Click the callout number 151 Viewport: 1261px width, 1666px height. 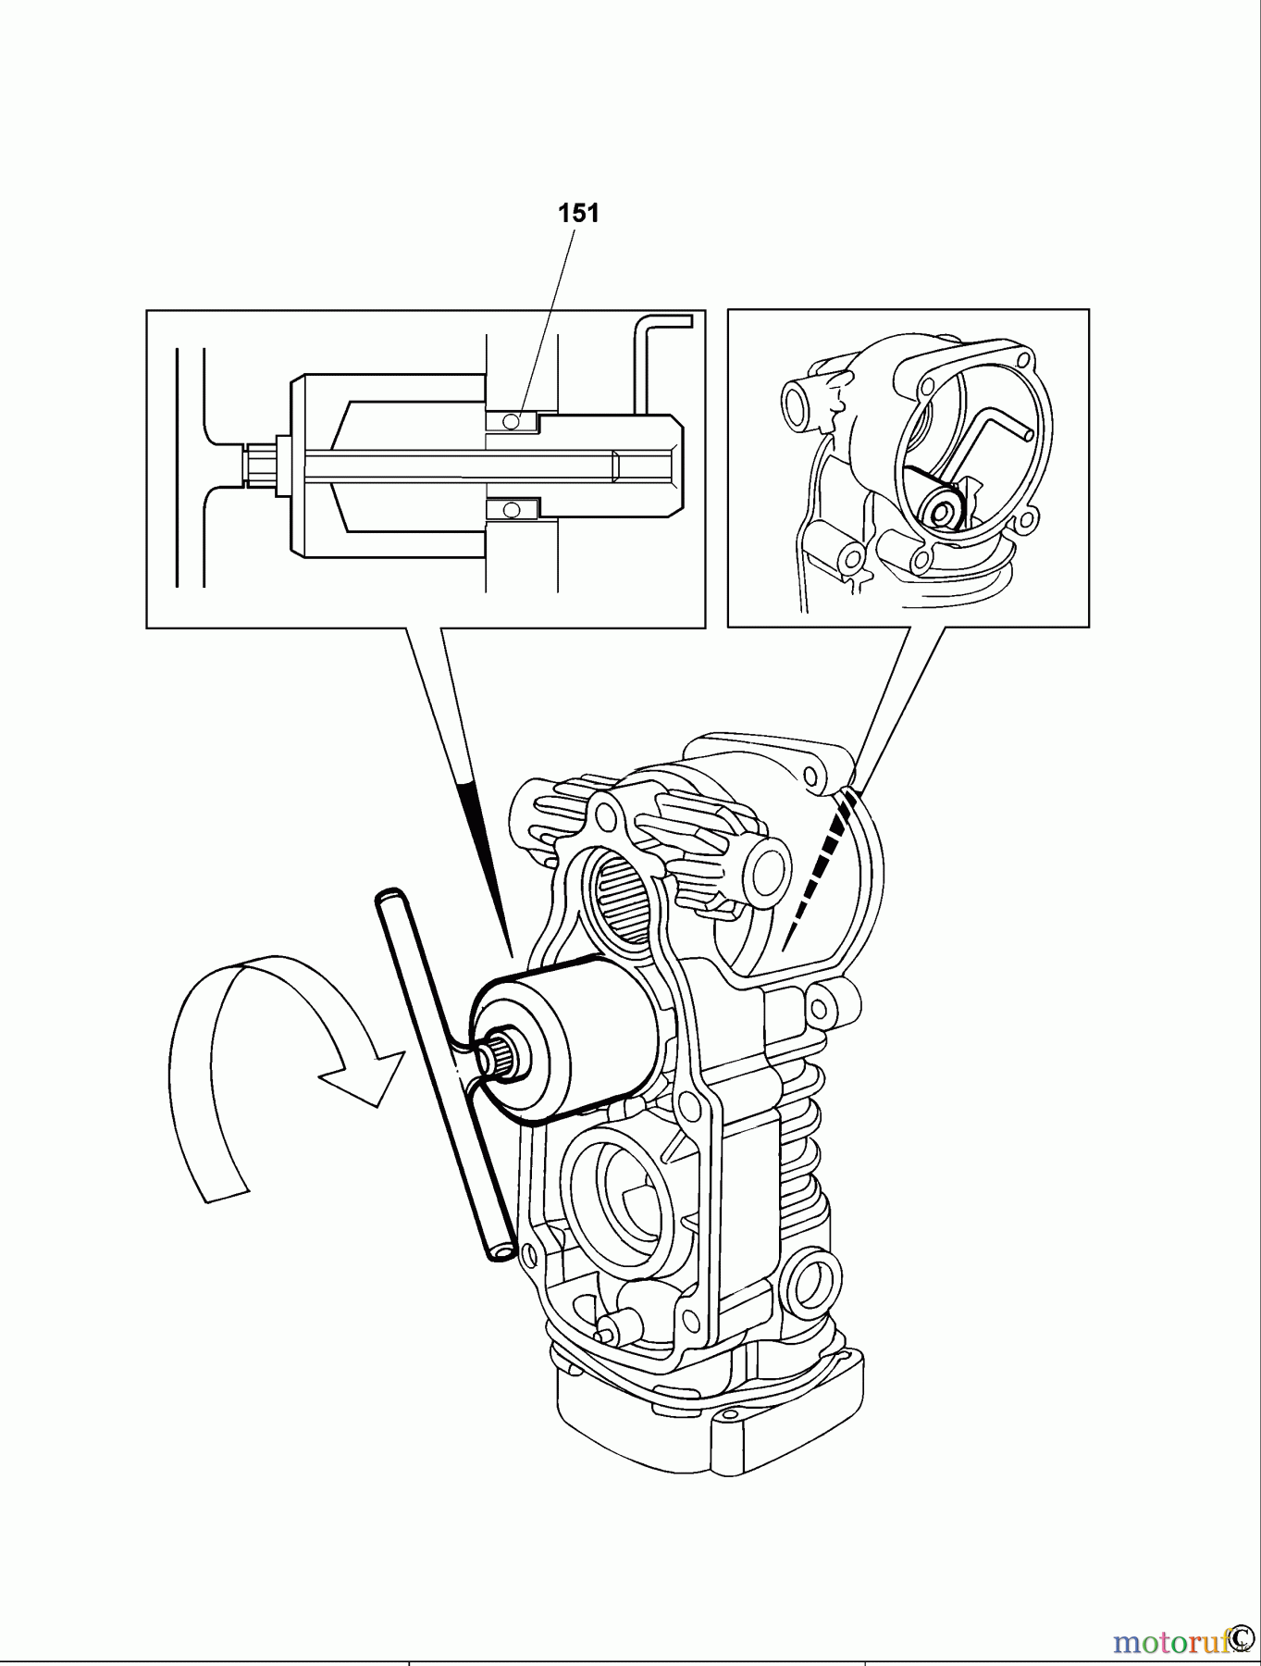point(578,213)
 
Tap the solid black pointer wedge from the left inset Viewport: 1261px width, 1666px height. point(481,852)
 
